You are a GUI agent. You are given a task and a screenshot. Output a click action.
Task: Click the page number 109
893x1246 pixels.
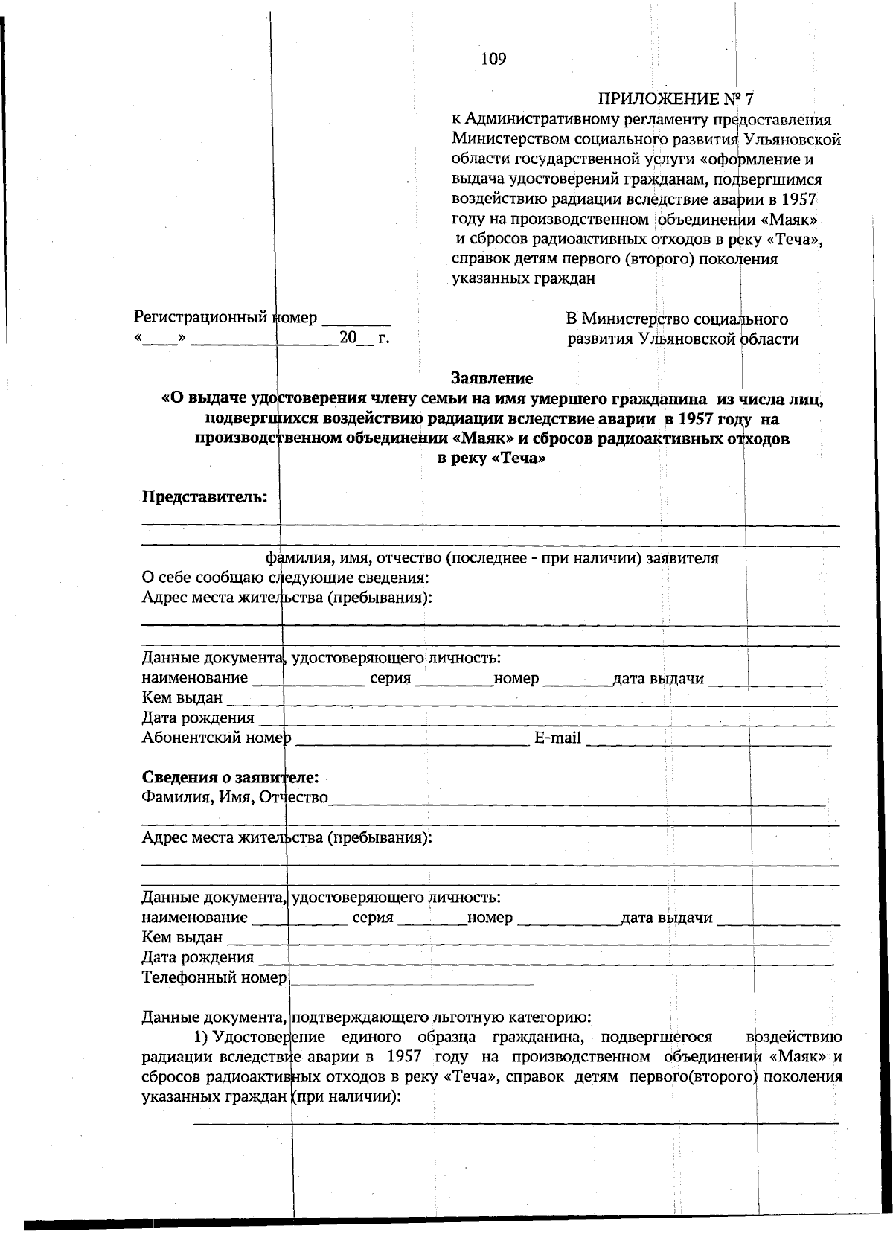coord(493,59)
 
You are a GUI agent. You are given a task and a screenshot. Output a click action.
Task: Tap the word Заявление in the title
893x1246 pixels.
coord(491,378)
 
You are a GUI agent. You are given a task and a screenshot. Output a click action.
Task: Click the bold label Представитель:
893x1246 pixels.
coord(205,496)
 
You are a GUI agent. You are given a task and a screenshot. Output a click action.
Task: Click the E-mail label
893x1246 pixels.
coord(557,738)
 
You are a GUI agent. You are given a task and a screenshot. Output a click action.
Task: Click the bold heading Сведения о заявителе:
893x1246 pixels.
coord(231,778)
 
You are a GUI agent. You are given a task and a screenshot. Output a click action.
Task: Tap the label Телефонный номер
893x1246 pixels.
coord(214,977)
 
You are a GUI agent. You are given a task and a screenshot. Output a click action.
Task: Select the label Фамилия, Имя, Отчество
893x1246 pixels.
coord(235,797)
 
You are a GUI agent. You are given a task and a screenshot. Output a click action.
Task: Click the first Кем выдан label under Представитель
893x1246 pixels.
coord(182,698)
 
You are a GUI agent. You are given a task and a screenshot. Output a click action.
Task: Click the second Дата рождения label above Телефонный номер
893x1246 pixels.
coord(198,957)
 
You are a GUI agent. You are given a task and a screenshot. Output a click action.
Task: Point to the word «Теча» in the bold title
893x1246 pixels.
coord(518,459)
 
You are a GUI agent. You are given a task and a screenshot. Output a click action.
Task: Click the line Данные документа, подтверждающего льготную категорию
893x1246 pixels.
coord(366,1017)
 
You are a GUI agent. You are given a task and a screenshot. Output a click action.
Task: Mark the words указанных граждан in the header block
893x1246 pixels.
coord(523,279)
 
